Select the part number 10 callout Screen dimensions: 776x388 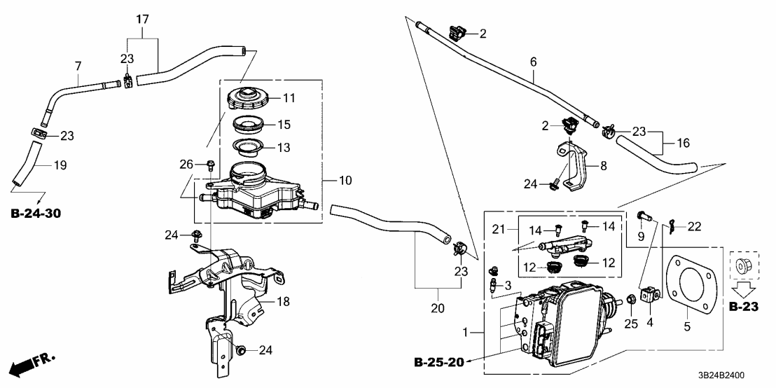345,181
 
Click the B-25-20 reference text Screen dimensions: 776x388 439,362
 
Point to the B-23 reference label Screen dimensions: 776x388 744,307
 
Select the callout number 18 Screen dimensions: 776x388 282,301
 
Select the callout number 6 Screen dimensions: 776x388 533,62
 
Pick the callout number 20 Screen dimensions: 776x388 438,308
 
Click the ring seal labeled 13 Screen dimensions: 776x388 248,147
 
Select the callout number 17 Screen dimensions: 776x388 143,20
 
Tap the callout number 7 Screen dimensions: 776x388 78,66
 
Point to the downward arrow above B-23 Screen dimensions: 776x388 744,289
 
